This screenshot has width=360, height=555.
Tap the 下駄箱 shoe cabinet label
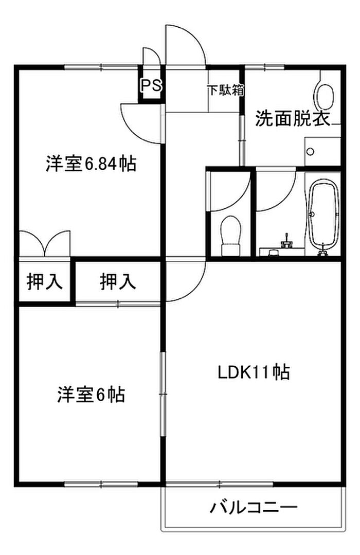coord(225,90)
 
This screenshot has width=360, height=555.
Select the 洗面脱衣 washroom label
coord(292,119)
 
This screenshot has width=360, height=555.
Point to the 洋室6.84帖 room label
coord(91,164)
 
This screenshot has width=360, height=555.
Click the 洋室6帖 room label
coord(91,395)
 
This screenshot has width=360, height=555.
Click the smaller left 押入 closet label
coord(45,282)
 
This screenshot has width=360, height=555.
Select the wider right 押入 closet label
coord(118,282)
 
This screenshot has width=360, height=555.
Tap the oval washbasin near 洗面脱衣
coord(326,96)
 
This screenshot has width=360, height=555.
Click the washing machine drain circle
coord(311,151)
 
